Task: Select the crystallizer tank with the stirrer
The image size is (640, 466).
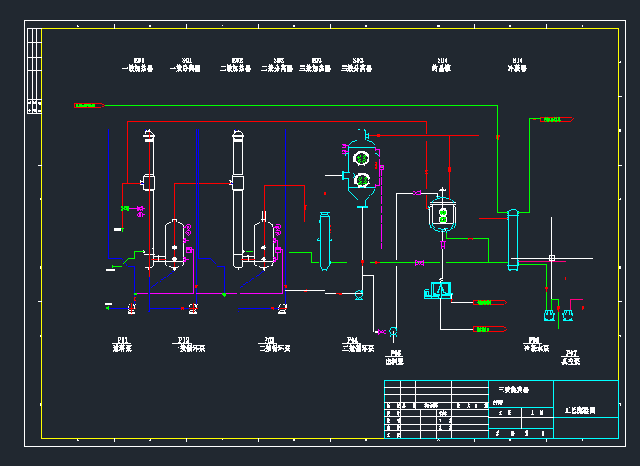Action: tap(442, 213)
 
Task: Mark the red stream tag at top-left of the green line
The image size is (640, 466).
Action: tap(88, 106)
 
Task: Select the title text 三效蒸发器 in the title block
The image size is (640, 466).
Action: tap(512, 390)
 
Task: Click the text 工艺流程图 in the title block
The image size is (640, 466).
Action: tap(580, 410)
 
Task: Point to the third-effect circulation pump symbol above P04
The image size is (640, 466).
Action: tap(358, 294)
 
